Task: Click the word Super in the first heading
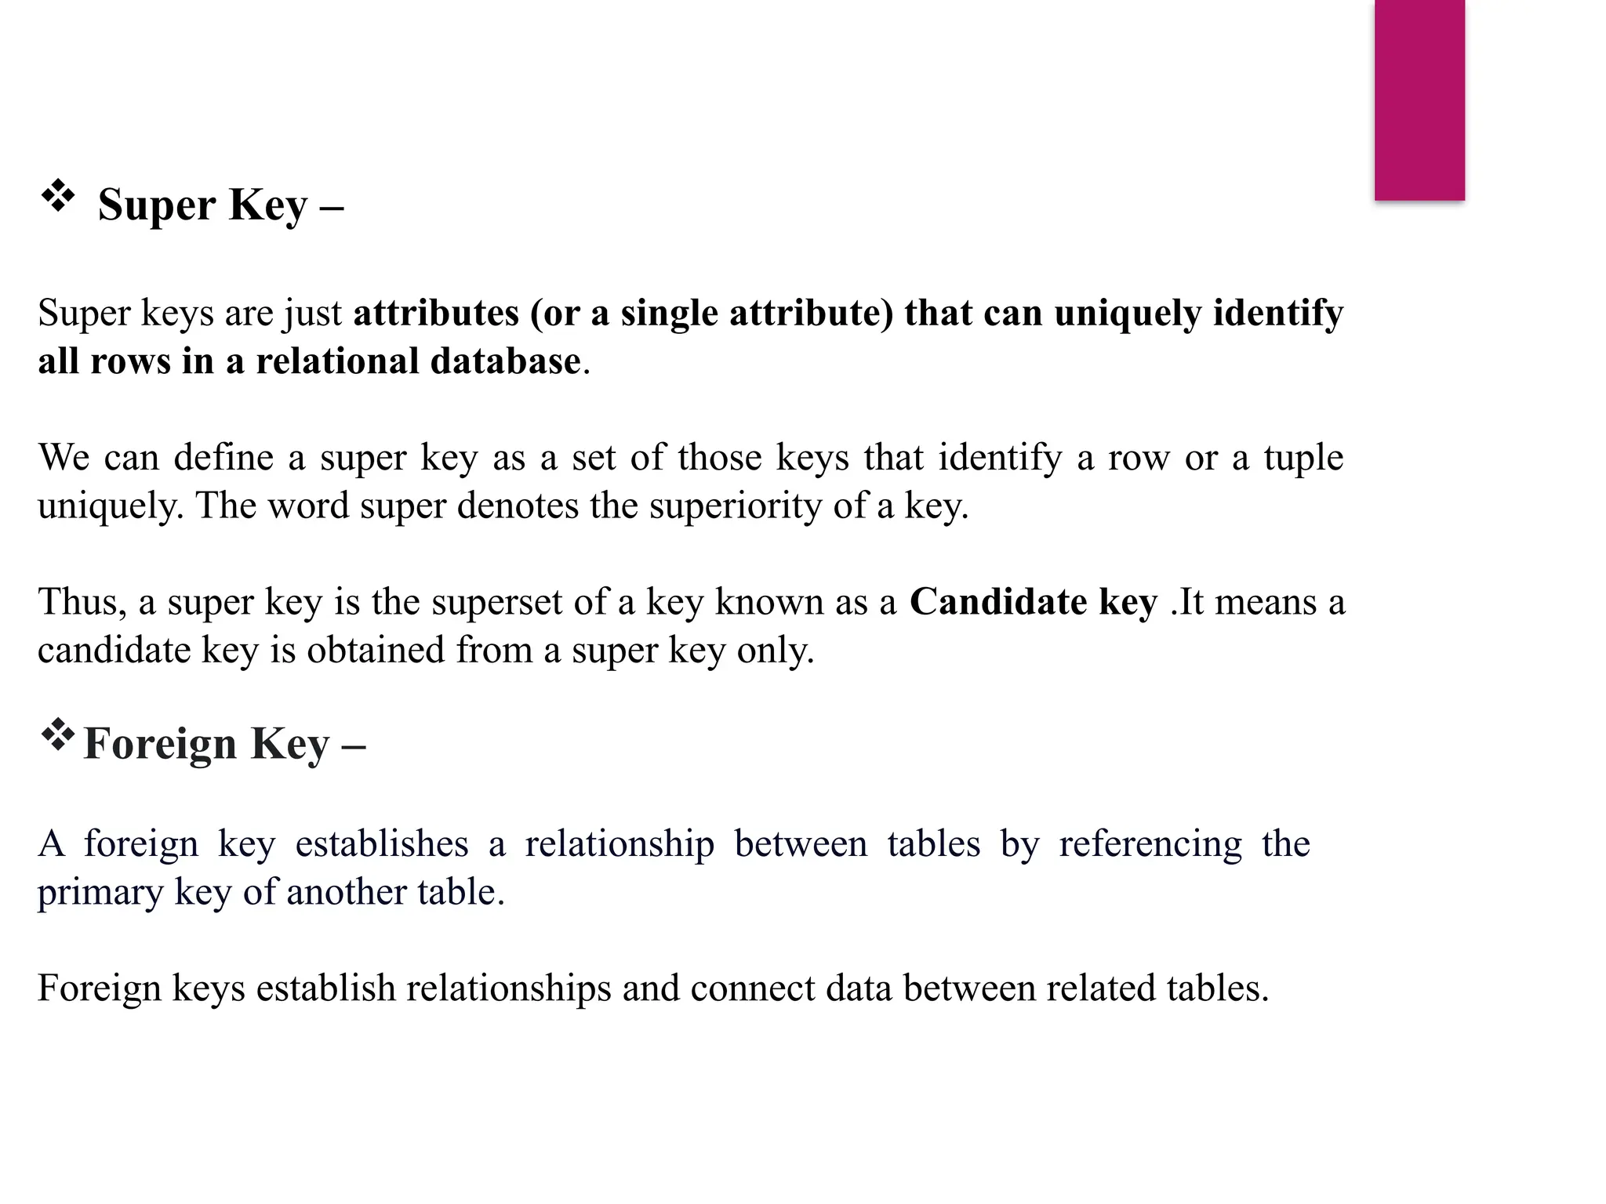157,205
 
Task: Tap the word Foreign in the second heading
159,744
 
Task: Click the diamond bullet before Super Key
58,196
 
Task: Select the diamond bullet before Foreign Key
57,734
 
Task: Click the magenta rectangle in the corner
1419,100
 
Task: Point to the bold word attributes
436,313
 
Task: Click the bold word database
505,361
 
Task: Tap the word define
223,457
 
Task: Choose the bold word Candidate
997,602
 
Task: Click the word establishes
382,844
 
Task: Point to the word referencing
1150,844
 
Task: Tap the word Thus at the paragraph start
82,602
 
